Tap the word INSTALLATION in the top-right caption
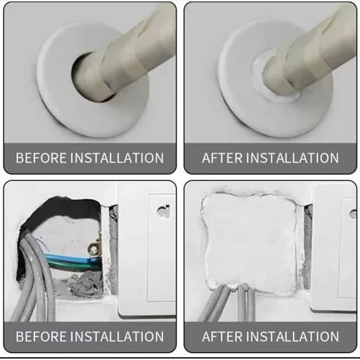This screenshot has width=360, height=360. pyautogui.click(x=292, y=158)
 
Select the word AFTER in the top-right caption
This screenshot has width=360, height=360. pyautogui.click(x=222, y=158)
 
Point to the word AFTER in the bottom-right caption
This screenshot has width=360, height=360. pyautogui.click(x=222, y=337)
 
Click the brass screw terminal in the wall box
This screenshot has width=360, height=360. pyautogui.click(x=94, y=248)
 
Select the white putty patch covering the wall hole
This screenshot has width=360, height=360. pyautogui.click(x=250, y=241)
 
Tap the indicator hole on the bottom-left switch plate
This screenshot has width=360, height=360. pyautogui.click(x=163, y=211)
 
